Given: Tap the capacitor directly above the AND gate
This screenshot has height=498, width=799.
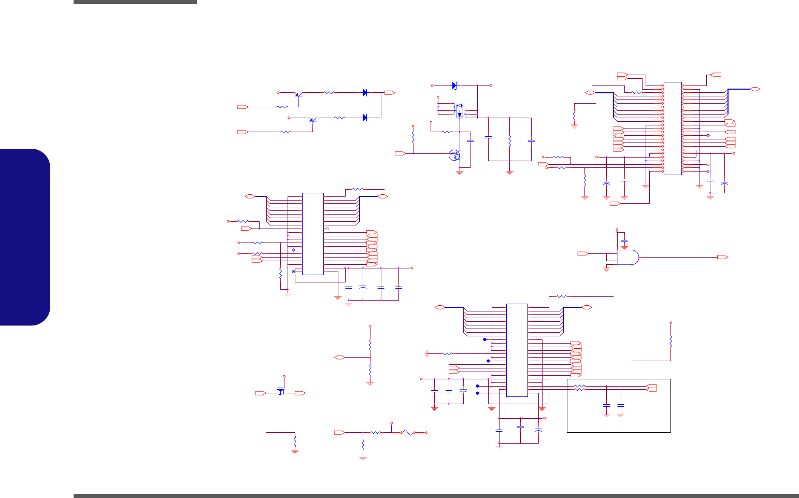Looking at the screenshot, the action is [624, 241].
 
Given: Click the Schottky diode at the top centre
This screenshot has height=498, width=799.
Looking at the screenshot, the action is [455, 86].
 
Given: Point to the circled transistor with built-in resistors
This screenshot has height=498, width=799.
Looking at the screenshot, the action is [454, 154].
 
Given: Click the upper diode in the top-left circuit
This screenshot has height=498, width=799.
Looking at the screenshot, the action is [365, 93].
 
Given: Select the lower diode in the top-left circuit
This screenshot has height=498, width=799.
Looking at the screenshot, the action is [365, 118].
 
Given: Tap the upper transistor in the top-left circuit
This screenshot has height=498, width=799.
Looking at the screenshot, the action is [298, 94].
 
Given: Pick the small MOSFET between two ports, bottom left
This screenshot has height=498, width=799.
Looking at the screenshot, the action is [281, 392].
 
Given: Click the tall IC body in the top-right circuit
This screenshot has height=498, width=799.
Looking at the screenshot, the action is [673, 128].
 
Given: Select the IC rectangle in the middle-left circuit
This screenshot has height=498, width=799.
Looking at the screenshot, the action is [313, 234].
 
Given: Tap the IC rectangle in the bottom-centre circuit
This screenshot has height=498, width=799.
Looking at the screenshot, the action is [517, 350].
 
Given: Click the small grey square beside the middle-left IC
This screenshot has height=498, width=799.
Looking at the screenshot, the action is [327, 229].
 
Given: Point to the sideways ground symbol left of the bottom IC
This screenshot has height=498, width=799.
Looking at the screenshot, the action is [426, 353].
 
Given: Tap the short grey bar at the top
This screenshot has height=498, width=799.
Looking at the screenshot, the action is [135, 2].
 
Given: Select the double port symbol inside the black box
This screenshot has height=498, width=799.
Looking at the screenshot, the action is [652, 387].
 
